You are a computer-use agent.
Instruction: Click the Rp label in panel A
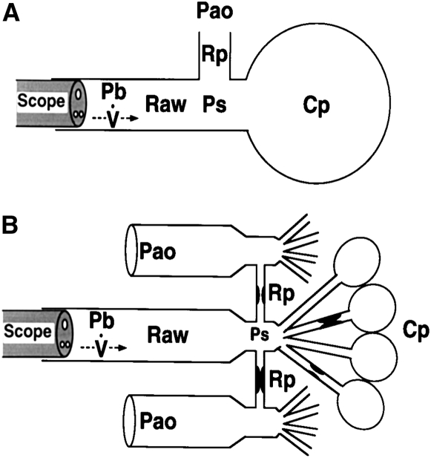point(214,53)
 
